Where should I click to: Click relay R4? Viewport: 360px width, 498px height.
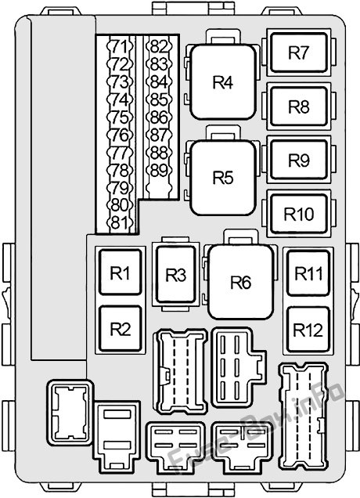(223, 82)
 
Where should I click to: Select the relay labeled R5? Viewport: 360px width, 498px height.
(223, 177)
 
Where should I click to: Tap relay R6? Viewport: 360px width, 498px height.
(240, 282)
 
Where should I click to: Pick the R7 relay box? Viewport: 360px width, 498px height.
(299, 52)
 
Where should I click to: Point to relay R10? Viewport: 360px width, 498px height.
(299, 214)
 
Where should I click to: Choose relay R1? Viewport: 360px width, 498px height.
(121, 272)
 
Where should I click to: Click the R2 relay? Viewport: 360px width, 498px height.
(121, 328)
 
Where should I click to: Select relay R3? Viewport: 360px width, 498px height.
(176, 275)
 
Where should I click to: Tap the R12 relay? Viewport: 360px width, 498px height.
(308, 330)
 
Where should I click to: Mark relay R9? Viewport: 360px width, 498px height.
(299, 160)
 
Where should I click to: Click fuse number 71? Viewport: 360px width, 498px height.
(120, 47)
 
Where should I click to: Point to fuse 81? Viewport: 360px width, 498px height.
(120, 222)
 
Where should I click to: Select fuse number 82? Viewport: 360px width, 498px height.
(159, 47)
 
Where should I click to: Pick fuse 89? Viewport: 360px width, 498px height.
(159, 170)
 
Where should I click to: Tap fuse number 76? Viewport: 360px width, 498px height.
(120, 135)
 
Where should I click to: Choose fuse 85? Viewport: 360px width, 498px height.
(159, 99)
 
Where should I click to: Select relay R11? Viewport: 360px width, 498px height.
(308, 273)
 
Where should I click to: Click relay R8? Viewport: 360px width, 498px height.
(299, 106)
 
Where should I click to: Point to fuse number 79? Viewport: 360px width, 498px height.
(120, 187)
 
